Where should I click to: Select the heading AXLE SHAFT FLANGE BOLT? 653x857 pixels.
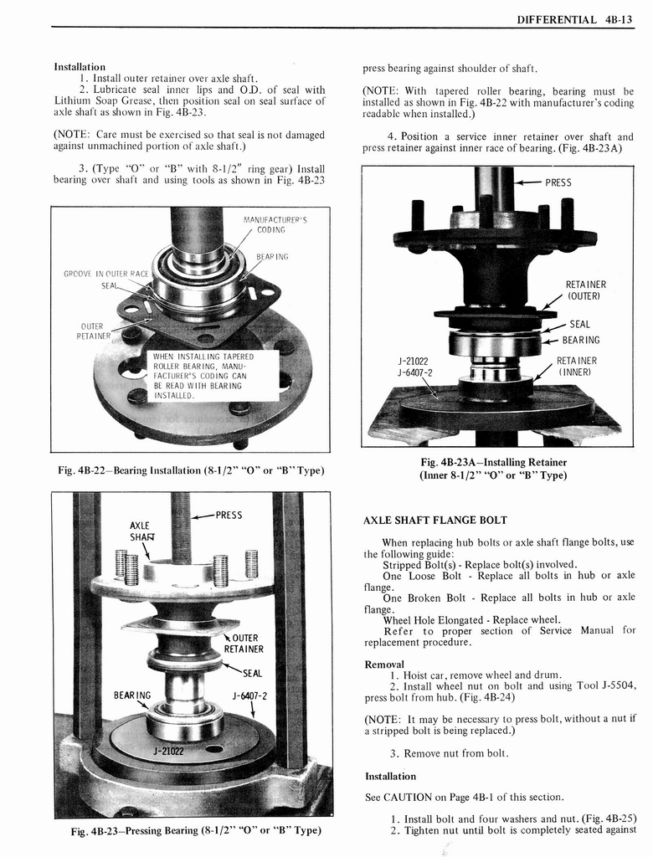[x=434, y=520]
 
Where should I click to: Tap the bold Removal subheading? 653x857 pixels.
[x=384, y=664]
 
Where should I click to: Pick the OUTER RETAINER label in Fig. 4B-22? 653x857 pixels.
[x=91, y=331]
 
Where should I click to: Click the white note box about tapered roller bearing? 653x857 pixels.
[x=201, y=376]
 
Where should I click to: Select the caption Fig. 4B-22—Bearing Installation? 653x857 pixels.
[x=190, y=470]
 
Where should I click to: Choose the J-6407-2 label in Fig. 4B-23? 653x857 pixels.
[x=249, y=695]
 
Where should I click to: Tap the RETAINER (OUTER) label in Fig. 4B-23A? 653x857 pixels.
[x=586, y=290]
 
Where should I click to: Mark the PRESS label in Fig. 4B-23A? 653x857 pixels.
[x=558, y=182]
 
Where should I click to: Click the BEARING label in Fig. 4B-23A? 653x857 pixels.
[x=581, y=340]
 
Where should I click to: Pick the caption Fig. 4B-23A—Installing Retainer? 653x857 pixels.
[x=493, y=469]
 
